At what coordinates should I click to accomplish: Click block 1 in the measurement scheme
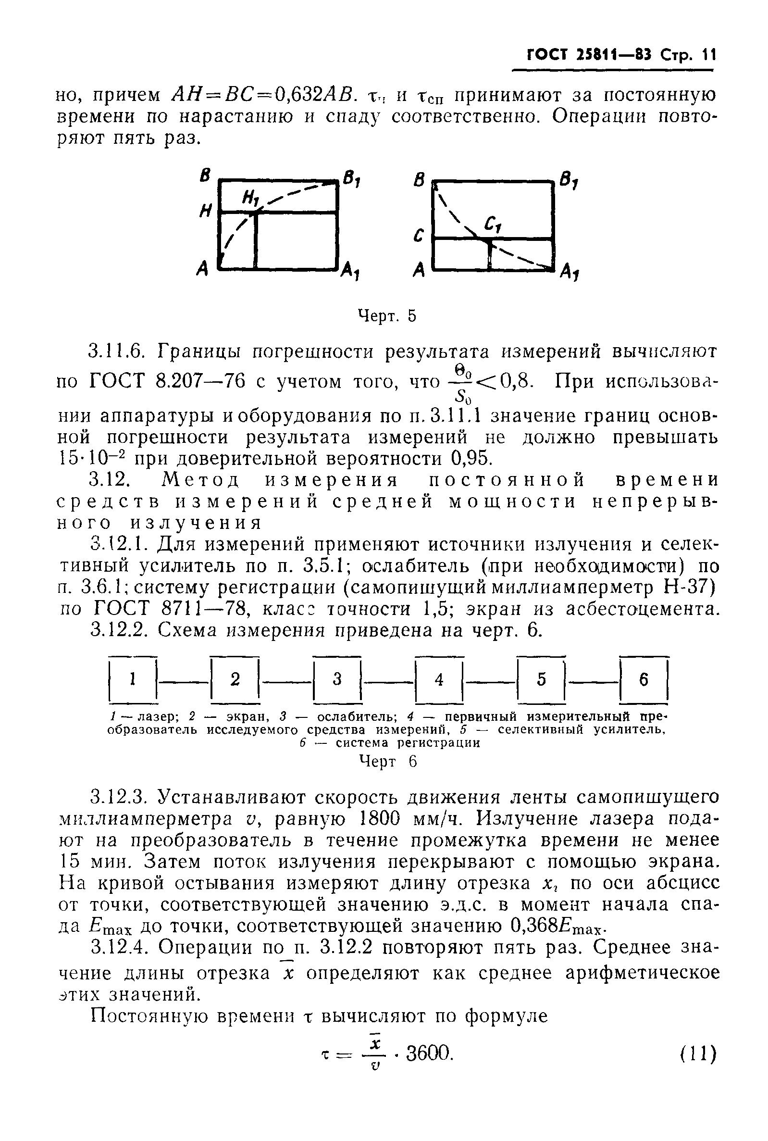point(132,679)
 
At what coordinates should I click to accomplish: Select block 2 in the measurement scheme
point(235,679)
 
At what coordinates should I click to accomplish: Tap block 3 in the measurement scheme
point(337,679)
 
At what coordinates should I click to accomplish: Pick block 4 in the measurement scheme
point(439,679)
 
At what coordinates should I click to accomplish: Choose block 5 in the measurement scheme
point(541,679)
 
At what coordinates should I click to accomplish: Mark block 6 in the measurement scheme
point(644,679)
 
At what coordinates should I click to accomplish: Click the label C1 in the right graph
point(491,226)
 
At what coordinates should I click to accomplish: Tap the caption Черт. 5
point(387,316)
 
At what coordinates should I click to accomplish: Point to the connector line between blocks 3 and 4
point(388,679)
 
